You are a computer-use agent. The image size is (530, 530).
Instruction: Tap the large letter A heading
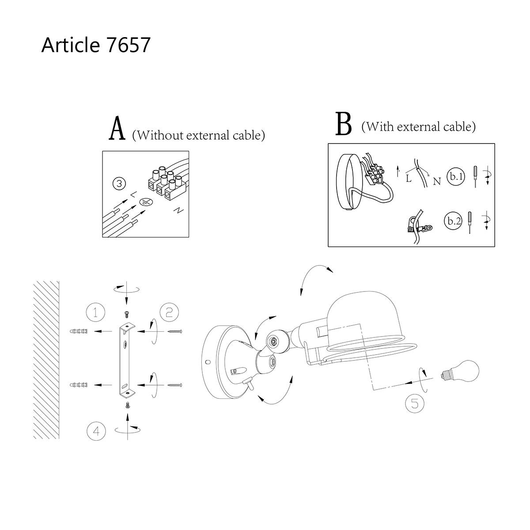[x=117, y=128]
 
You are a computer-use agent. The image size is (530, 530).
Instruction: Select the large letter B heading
[x=344, y=124]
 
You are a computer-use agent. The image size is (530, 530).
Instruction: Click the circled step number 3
[x=119, y=184]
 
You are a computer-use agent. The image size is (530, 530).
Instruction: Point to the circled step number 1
[x=95, y=312]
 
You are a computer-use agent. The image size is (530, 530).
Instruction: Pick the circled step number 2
[x=169, y=312]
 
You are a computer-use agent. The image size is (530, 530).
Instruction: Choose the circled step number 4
[x=96, y=431]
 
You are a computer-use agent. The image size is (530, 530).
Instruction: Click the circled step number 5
[x=415, y=404]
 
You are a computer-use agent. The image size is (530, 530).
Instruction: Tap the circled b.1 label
[x=456, y=176]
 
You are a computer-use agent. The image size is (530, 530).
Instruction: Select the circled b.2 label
[x=453, y=221]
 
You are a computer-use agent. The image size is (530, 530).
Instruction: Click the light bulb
[x=460, y=371]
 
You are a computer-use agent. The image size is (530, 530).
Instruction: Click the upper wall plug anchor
[x=79, y=331]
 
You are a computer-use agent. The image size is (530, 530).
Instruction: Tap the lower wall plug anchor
[x=79, y=385]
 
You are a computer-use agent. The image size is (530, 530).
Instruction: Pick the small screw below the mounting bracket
[x=127, y=405]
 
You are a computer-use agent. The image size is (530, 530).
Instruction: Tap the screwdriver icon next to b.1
[x=475, y=177]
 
